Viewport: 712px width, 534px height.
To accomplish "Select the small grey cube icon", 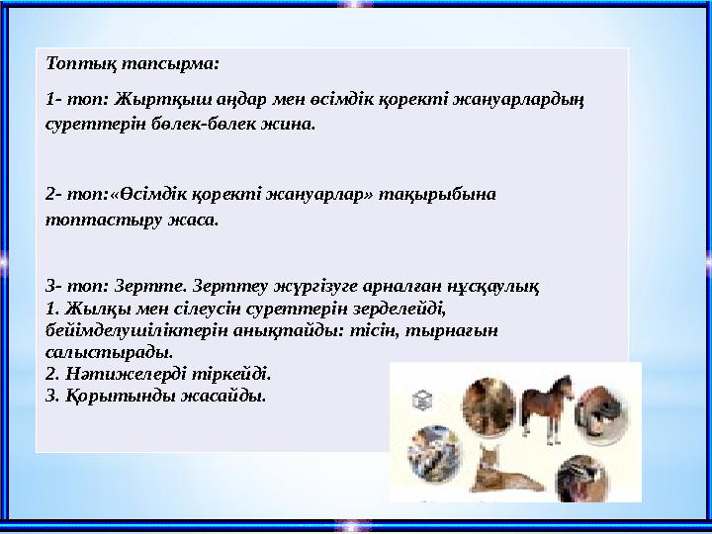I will coord(423,400).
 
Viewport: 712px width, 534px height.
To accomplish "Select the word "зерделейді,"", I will coord(390,309).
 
